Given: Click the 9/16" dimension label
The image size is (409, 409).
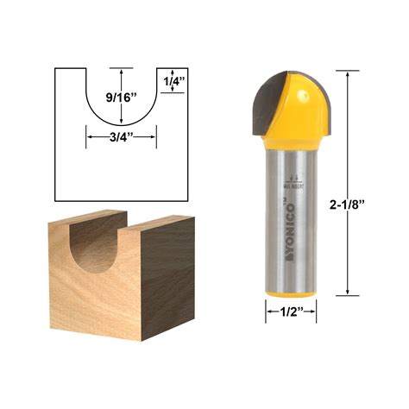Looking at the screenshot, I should coord(121,98).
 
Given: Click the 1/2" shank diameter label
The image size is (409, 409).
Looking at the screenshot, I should coord(290,313).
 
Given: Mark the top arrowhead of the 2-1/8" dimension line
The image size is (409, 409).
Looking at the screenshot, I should coord(349,75).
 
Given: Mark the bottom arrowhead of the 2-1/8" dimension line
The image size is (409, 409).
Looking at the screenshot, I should coord(349,293).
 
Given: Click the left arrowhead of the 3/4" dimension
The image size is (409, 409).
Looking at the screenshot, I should coord(87,135).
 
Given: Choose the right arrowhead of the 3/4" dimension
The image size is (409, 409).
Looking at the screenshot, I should coord(154,135).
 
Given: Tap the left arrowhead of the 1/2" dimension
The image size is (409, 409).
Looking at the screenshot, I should coord(267,313).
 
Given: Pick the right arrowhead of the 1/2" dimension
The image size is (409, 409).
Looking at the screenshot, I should coord(313,313).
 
